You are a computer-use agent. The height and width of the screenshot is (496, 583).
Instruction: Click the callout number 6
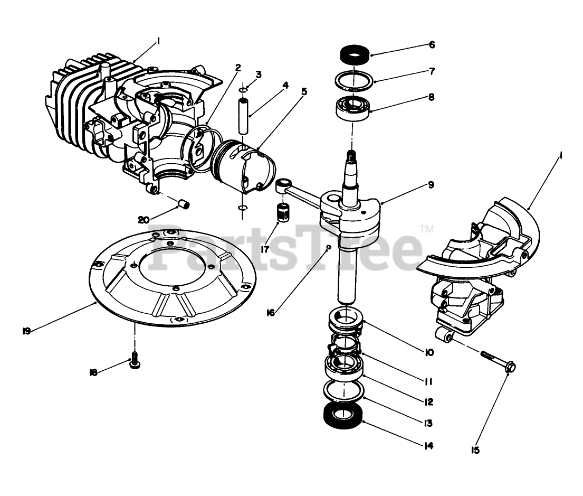(432, 45)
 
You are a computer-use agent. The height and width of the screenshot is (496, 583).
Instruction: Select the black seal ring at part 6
(354, 54)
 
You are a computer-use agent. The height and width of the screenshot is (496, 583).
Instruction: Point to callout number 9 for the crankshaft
(431, 185)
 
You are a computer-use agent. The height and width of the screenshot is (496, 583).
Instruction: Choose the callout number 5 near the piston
(304, 91)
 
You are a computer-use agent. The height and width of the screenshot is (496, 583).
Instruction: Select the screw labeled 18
(134, 363)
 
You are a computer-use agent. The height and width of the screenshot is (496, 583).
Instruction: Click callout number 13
(428, 423)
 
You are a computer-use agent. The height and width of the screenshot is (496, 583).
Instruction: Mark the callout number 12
(428, 402)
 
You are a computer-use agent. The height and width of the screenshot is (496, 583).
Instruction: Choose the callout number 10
(428, 352)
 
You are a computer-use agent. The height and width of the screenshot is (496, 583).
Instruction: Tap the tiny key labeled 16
(329, 247)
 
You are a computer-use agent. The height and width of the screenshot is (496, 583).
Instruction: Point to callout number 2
(238, 68)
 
